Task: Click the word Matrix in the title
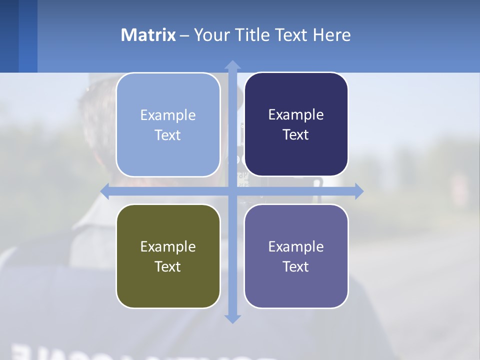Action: tap(148, 35)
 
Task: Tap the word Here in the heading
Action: tap(332, 35)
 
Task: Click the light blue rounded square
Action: tap(168, 125)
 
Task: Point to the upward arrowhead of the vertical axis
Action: tap(232, 64)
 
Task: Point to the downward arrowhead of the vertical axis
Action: tap(232, 318)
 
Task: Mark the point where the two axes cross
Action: tap(232, 191)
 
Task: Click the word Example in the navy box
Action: tap(296, 115)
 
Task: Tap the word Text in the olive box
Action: tap(168, 266)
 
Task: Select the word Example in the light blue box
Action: tap(168, 115)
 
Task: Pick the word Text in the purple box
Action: tap(296, 266)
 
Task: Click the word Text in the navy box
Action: tap(296, 135)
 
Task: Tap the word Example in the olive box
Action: tap(168, 246)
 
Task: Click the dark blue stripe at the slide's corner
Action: tap(9, 36)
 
